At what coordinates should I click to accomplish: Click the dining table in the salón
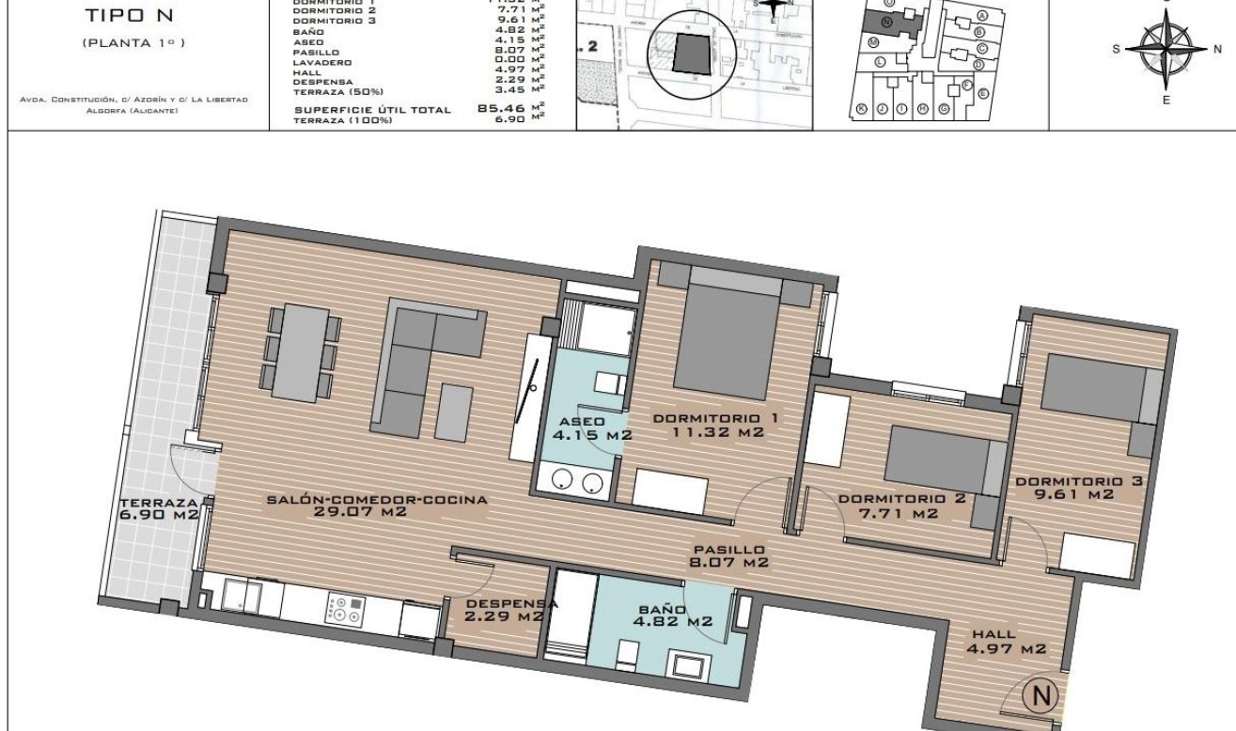(299, 350)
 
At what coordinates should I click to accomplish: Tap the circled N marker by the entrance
(1041, 695)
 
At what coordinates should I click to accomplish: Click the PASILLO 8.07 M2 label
(729, 556)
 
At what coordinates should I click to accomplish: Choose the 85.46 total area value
(502, 109)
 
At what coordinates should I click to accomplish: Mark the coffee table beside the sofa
(454, 412)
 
